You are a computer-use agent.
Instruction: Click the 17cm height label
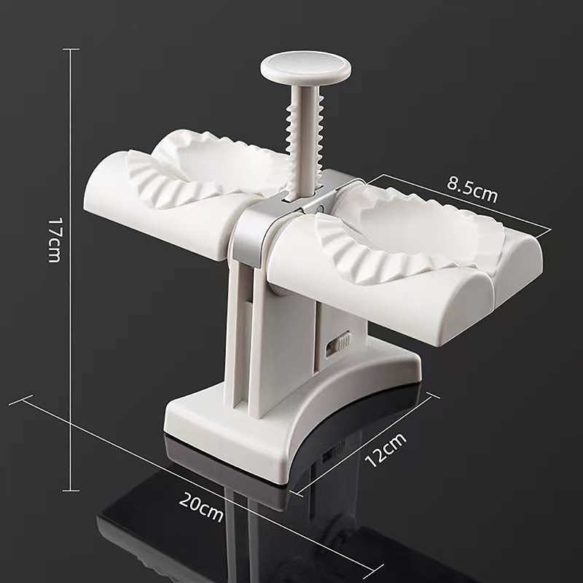click(54, 240)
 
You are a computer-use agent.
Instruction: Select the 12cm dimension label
click(386, 449)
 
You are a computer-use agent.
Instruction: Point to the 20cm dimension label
click(201, 506)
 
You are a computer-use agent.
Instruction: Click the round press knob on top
click(306, 68)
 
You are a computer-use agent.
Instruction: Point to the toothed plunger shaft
click(305, 141)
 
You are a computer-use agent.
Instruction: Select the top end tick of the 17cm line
click(71, 49)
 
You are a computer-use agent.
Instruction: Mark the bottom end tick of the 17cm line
click(71, 490)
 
